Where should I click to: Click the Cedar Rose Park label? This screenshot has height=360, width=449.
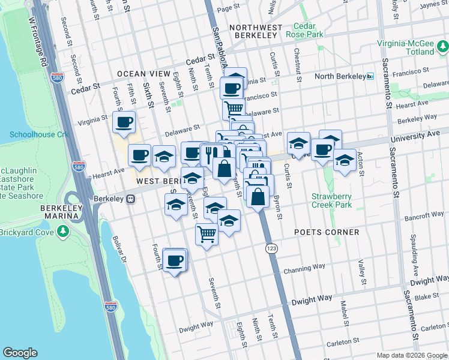point(309,31)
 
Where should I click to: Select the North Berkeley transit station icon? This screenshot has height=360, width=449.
point(370,76)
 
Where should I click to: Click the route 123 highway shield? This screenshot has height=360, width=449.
point(271,247)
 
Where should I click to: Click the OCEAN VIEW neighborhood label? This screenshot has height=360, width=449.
point(143,73)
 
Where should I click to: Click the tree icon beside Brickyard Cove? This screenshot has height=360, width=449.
point(63,232)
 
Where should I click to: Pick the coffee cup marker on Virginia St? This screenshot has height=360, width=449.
point(124,122)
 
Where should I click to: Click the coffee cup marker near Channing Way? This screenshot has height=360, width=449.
point(175,260)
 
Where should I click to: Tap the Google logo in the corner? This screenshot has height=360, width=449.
point(20,353)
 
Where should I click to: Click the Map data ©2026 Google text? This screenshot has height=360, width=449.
point(411,355)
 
